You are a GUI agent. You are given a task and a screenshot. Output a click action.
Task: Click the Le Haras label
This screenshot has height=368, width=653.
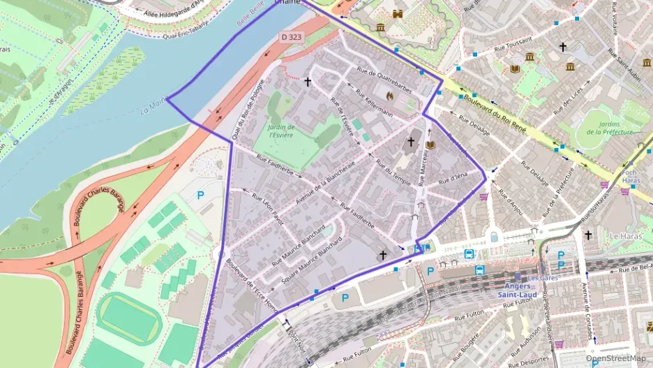624,236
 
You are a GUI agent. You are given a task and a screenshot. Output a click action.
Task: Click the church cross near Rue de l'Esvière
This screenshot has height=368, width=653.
308,81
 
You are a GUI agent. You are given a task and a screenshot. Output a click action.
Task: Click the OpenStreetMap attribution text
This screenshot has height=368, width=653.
615,358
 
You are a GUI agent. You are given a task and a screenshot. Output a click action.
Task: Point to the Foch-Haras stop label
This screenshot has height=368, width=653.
630,176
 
